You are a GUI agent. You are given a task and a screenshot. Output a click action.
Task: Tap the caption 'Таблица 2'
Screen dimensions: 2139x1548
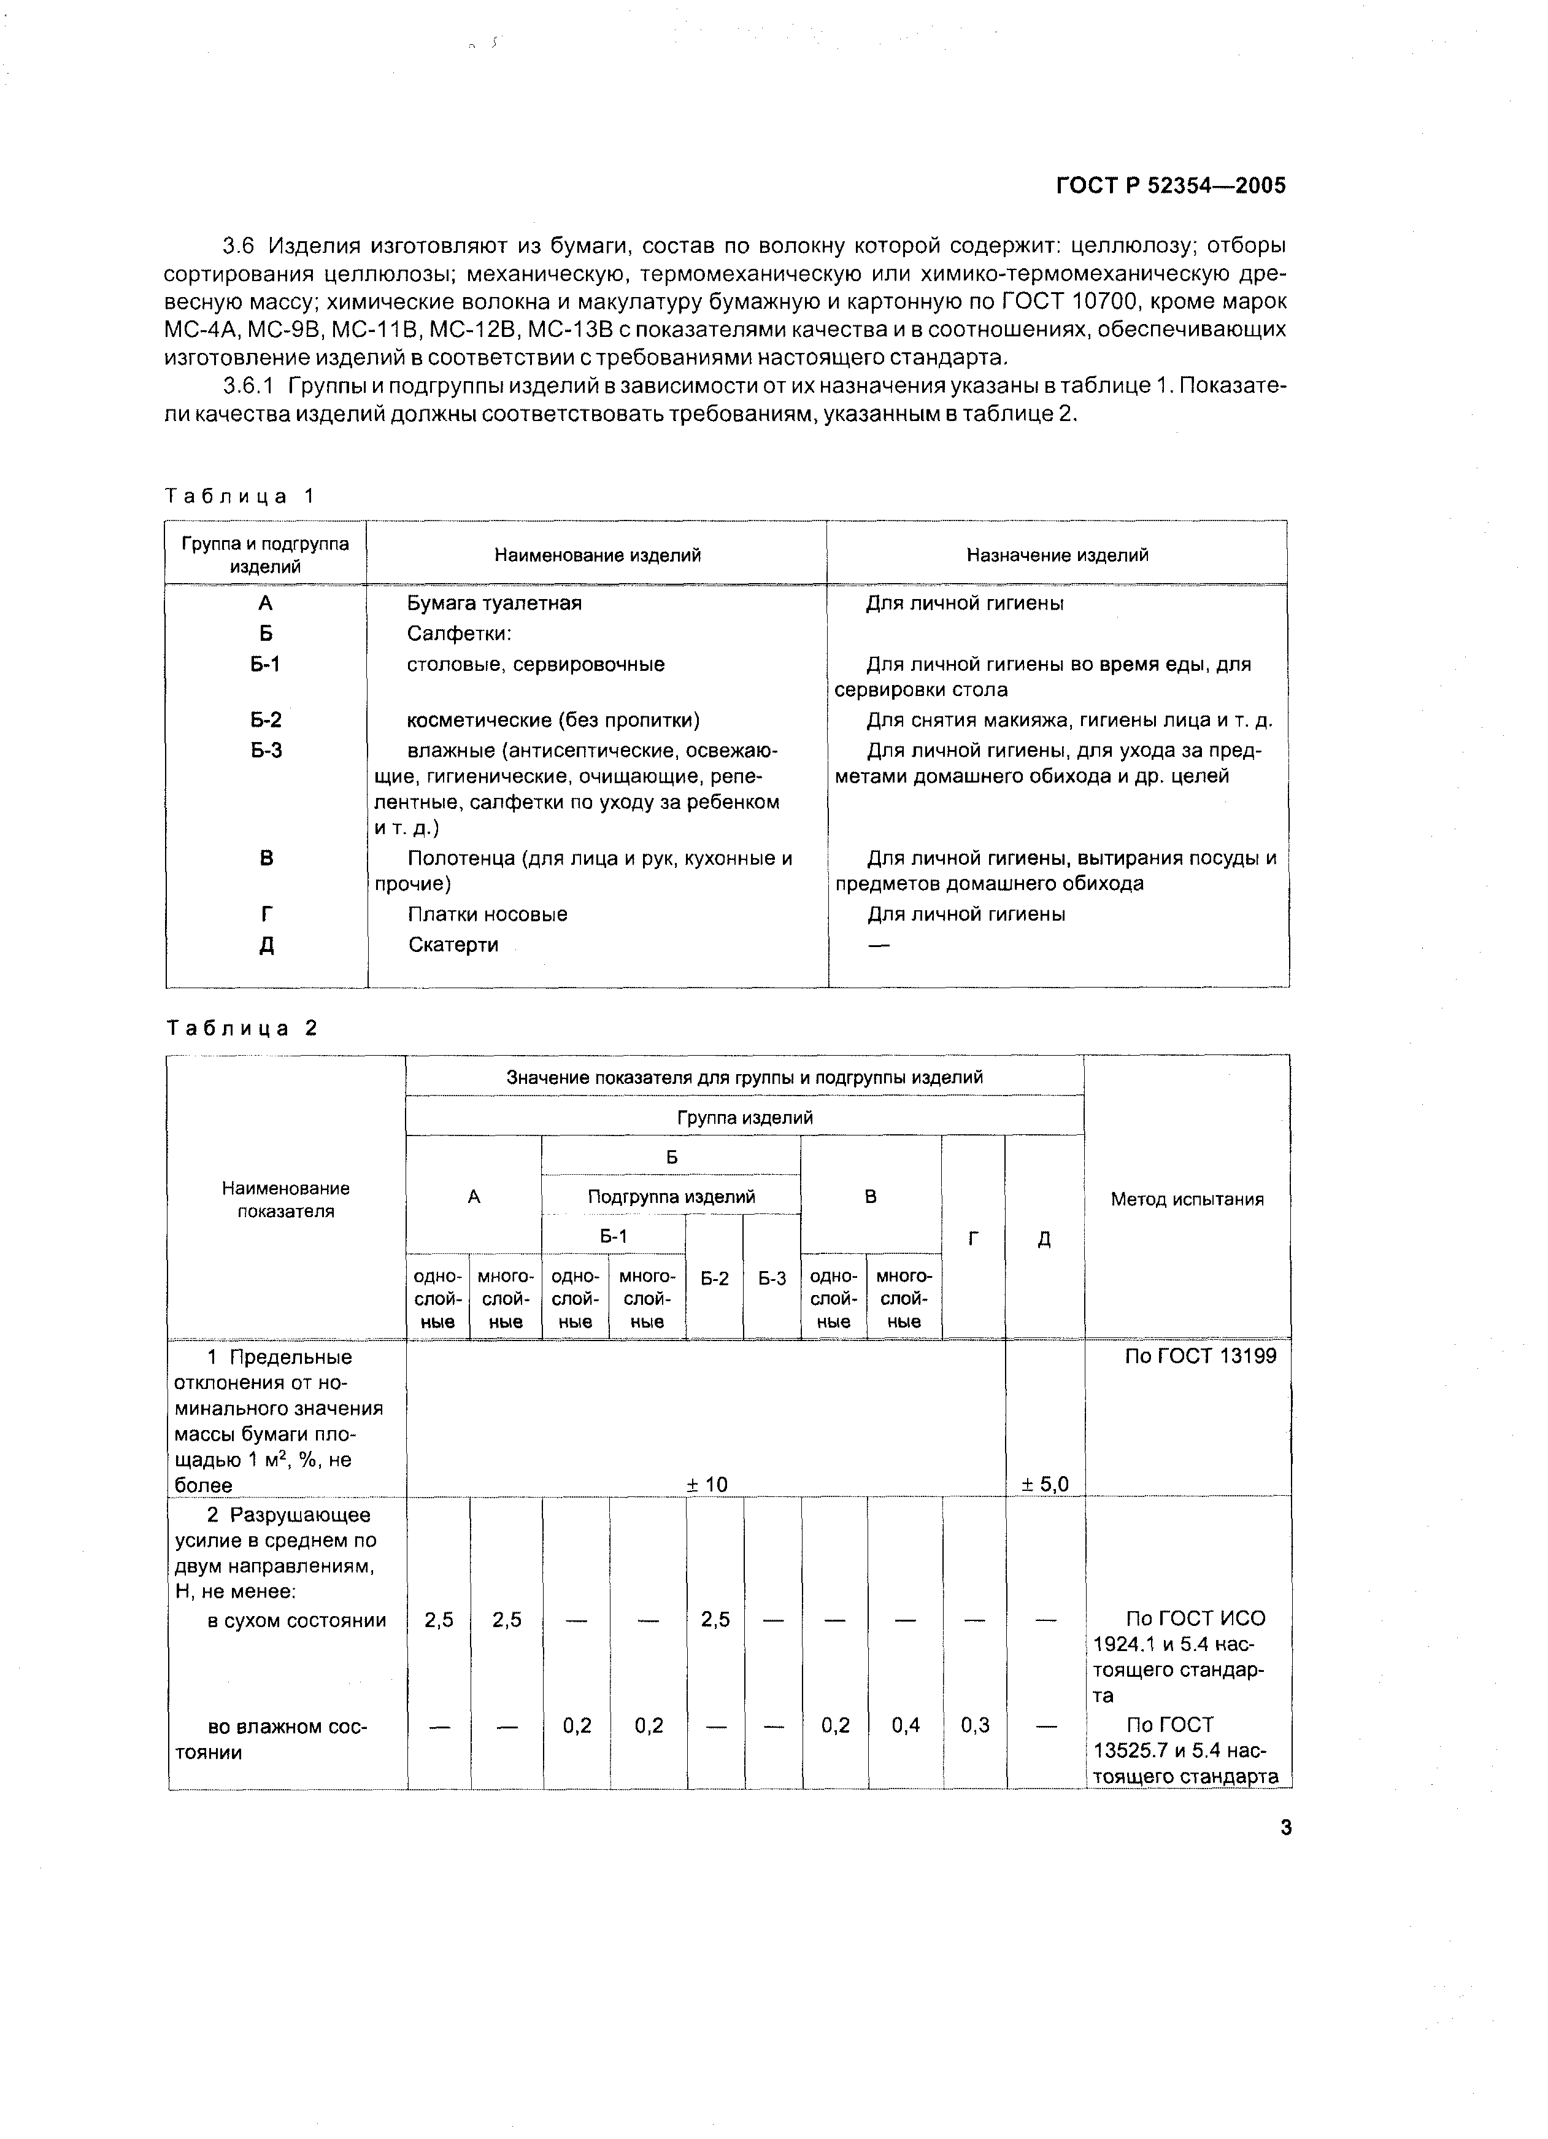242,1028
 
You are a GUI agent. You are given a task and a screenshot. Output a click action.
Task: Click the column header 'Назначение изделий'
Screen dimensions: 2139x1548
1057,555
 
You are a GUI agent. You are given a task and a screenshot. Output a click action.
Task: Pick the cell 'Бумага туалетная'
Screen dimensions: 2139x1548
494,603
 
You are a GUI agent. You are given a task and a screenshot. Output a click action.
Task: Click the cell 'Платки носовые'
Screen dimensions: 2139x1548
487,914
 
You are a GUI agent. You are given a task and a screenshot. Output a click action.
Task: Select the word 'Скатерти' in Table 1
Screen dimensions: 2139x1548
453,944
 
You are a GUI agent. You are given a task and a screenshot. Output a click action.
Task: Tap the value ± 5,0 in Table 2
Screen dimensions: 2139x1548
1044,1485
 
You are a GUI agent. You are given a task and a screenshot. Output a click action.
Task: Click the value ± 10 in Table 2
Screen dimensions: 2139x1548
707,1485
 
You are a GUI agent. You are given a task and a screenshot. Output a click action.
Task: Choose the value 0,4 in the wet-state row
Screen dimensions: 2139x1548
905,1725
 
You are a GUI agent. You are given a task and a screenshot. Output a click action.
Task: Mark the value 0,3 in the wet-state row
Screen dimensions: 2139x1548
975,1725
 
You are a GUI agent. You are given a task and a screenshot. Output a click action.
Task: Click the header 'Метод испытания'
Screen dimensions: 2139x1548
1187,1200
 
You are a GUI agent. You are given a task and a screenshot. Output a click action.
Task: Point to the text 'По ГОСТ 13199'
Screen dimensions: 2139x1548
1201,1356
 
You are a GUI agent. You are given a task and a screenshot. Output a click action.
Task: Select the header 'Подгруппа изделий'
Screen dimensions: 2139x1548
671,1196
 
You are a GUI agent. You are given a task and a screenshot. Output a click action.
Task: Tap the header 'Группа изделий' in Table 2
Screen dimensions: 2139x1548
745,1118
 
